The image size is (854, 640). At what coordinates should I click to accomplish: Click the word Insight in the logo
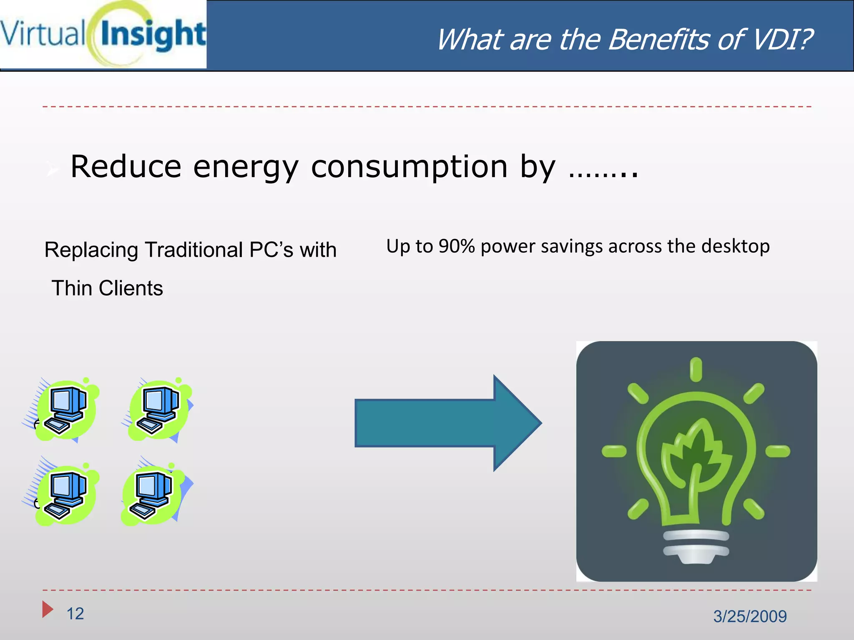(x=153, y=34)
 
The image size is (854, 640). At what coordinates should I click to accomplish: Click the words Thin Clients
(x=107, y=288)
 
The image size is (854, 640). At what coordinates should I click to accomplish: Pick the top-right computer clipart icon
(x=158, y=410)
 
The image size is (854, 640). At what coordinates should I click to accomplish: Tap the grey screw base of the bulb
(x=696, y=546)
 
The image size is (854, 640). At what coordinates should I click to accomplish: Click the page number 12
(x=75, y=614)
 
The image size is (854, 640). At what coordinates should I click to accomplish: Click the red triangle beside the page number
(x=47, y=609)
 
